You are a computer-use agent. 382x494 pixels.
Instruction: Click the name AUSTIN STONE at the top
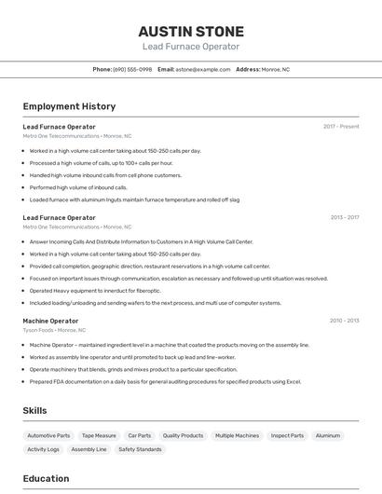coord(191,31)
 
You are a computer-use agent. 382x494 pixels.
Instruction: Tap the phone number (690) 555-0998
coord(132,69)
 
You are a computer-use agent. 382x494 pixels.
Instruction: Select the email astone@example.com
coord(203,69)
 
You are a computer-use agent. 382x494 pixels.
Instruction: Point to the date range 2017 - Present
coord(341,126)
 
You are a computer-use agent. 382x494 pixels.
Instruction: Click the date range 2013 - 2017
coord(344,217)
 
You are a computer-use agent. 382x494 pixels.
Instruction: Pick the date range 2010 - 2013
coord(344,321)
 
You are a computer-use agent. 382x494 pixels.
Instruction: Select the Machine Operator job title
coord(50,321)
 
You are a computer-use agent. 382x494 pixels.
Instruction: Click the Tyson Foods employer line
coord(54,330)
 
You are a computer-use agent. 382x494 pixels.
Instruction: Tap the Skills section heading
coord(35,410)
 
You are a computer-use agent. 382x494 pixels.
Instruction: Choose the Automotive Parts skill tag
coord(48,435)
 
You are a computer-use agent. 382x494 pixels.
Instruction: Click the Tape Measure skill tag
coord(99,435)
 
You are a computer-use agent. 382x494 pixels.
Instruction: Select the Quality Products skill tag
coord(183,435)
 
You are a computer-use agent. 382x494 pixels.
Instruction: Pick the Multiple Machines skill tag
coord(237,435)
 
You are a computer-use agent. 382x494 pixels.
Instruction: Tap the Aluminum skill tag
coord(328,435)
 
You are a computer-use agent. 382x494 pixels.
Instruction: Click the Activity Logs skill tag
coord(43,449)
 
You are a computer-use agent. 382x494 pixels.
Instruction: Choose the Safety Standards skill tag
coord(140,449)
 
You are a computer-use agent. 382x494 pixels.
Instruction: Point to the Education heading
coord(46,478)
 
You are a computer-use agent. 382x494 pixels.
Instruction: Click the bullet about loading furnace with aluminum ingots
coord(134,199)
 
